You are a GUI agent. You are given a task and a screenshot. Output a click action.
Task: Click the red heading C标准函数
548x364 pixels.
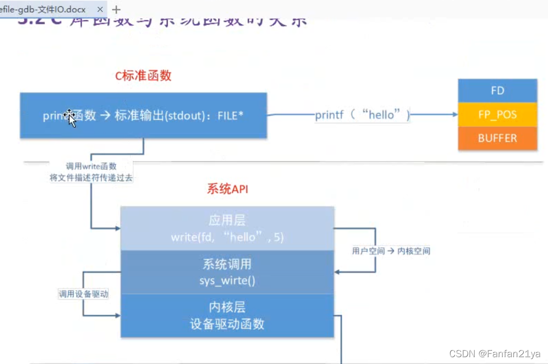[143, 75]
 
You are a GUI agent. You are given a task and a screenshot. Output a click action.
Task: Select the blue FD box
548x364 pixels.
[497, 91]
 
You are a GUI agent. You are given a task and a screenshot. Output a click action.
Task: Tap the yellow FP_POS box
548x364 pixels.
[497, 115]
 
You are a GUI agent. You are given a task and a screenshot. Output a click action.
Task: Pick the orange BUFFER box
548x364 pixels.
[497, 138]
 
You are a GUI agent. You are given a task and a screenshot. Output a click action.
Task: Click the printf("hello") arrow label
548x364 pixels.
[362, 115]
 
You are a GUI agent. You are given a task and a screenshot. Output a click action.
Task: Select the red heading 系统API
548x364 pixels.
[227, 189]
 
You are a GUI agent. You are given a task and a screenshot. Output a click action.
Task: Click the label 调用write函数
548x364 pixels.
[91, 166]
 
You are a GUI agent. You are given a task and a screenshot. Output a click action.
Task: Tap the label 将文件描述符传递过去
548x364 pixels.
[91, 178]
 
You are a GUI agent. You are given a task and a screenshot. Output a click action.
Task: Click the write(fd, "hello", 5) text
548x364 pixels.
[227, 237]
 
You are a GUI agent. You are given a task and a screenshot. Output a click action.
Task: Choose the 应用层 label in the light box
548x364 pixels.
[227, 220]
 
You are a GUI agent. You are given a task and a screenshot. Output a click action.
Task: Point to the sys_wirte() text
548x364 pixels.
[227, 281]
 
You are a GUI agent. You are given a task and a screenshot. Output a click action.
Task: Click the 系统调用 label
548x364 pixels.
[227, 264]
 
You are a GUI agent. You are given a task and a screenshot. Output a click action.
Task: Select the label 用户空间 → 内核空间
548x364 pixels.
[391, 251]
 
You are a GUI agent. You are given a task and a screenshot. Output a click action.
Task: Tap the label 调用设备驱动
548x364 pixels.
[84, 294]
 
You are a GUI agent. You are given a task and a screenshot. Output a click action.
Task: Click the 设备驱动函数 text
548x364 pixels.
[227, 324]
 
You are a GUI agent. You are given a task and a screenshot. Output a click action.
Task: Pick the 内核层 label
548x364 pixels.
[227, 307]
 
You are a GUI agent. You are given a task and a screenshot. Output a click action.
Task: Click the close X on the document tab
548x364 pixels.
[100, 9]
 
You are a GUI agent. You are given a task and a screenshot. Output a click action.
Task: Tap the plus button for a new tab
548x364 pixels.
[116, 9]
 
